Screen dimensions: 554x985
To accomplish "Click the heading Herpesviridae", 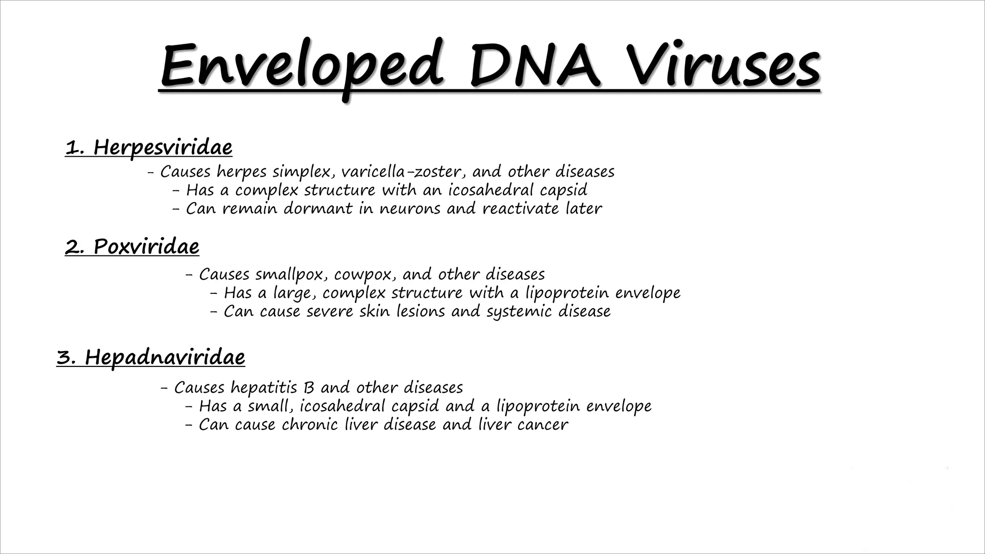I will [163, 147].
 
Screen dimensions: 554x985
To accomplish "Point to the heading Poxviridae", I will [146, 247].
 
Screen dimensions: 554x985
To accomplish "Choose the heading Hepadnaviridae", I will [165, 357].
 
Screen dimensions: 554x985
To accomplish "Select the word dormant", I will [318, 209].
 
